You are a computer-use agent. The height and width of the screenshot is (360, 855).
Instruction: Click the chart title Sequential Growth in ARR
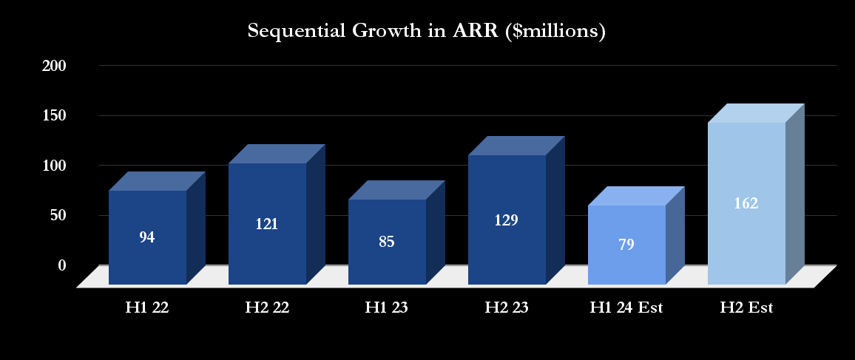click(x=427, y=32)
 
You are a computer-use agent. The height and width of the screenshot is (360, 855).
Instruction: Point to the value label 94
click(x=147, y=237)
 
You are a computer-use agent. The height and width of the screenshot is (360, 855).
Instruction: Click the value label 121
click(x=267, y=224)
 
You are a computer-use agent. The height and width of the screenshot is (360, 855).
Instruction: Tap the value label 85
click(x=387, y=242)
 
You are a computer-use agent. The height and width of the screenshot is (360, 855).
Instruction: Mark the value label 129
click(x=507, y=220)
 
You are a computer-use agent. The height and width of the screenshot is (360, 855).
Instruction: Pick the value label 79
click(x=626, y=245)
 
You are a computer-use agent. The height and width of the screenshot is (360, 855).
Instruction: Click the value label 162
click(x=746, y=203)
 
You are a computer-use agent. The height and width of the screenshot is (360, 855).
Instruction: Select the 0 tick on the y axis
click(x=62, y=265)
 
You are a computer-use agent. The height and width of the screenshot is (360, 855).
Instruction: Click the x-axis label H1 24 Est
click(x=626, y=308)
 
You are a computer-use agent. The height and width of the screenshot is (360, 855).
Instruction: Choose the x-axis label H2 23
click(x=507, y=308)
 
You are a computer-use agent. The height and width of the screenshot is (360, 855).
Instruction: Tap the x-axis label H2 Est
click(x=746, y=308)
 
